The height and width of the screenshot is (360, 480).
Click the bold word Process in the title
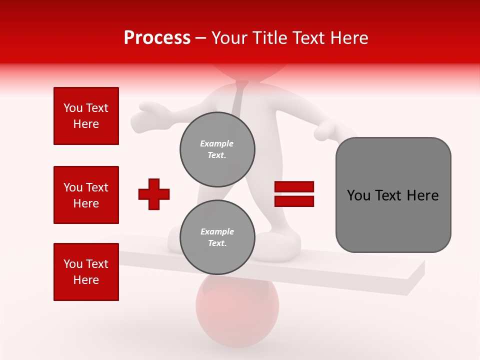[157, 38]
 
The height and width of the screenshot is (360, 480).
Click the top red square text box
[86, 116]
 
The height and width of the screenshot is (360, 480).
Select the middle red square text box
[86, 195]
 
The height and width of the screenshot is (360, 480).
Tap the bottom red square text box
[86, 272]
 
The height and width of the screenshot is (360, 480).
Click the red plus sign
[154, 194]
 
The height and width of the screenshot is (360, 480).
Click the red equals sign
[294, 194]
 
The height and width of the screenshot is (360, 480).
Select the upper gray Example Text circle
[217, 149]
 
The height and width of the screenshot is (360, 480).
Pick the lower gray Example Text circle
[217, 237]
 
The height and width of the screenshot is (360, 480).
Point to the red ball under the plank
[237, 312]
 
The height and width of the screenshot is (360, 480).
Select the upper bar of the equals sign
[294, 187]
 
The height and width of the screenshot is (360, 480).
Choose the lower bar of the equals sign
[294, 201]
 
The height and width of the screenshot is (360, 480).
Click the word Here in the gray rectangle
[422, 195]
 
